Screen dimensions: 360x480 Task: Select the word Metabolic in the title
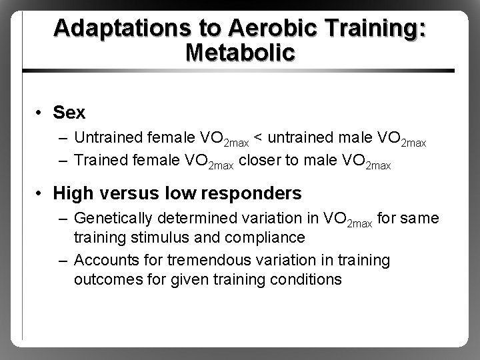[x=239, y=53]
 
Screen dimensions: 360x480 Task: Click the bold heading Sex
[x=69, y=113]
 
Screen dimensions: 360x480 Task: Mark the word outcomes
[x=103, y=279]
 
